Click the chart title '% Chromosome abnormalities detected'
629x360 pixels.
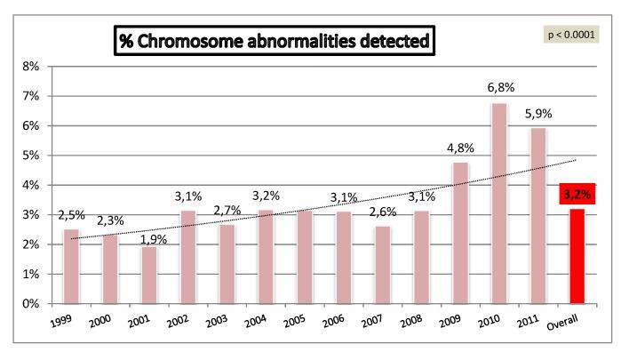[x=275, y=42]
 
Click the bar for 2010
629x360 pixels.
[x=498, y=204]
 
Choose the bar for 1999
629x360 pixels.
[x=71, y=267]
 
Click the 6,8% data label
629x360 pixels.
[x=500, y=88]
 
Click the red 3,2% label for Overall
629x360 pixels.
[x=577, y=193]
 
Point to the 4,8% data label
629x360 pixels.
[x=460, y=148]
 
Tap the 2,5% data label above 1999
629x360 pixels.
[x=72, y=215]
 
